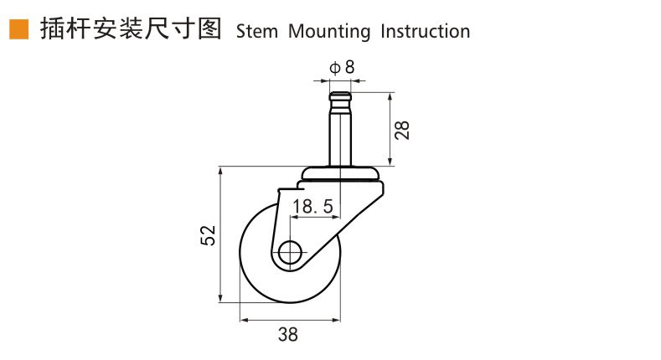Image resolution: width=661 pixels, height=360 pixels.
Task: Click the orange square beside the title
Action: click(x=19, y=29)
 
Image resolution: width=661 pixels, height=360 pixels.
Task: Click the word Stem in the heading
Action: click(x=256, y=31)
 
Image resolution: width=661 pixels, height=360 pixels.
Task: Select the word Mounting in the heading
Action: click(x=329, y=32)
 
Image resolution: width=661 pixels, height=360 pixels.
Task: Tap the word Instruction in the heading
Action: click(x=425, y=31)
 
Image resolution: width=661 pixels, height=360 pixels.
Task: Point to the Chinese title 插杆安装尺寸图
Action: click(x=131, y=29)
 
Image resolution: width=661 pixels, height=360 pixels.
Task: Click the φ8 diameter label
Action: click(x=342, y=67)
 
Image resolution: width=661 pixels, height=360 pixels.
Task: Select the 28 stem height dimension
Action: click(x=402, y=130)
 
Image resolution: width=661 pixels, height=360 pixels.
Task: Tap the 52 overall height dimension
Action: click(x=208, y=235)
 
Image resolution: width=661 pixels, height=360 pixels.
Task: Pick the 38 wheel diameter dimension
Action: click(x=288, y=334)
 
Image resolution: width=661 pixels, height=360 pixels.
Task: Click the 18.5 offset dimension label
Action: click(x=312, y=206)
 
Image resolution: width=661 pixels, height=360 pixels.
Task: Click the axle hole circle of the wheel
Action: click(x=290, y=253)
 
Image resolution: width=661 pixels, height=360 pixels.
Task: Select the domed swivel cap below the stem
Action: click(x=340, y=173)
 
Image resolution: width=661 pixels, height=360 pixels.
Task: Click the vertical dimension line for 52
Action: click(x=220, y=235)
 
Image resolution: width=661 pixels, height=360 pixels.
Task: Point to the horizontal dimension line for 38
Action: click(x=290, y=321)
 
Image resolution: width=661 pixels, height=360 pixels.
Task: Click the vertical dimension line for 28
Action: click(x=390, y=129)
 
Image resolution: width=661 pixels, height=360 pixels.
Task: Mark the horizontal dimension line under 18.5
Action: click(x=315, y=218)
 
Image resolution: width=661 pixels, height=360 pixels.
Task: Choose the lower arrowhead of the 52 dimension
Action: click(x=220, y=298)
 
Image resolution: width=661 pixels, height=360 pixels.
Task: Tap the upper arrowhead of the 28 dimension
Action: click(x=390, y=97)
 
